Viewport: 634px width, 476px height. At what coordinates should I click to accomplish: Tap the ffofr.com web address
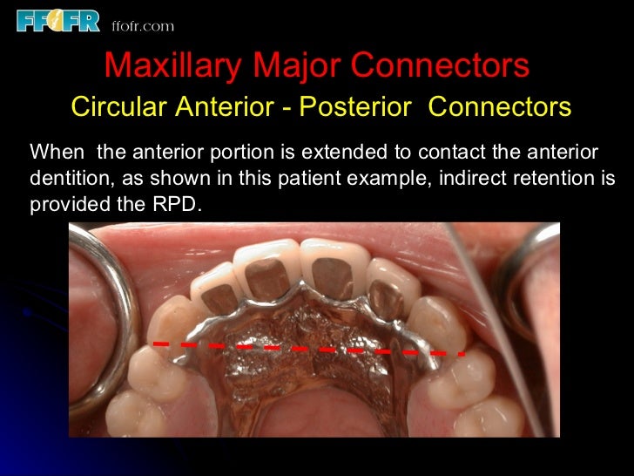[x=143, y=26]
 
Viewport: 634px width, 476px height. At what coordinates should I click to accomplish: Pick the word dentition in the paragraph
[x=64, y=179]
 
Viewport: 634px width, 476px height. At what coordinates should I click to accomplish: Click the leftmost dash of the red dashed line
[x=160, y=343]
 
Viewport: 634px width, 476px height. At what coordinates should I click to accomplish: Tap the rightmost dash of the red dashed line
[x=460, y=353]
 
